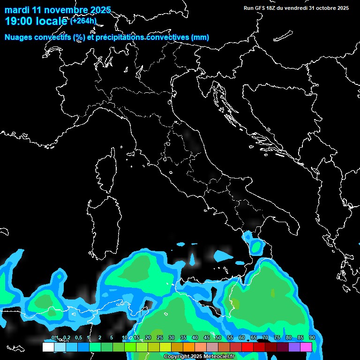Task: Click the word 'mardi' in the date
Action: pos(16,10)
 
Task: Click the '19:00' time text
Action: pos(18,22)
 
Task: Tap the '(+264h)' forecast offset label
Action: pos(83,21)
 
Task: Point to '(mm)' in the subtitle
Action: pos(200,37)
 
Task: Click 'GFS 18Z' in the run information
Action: pos(266,8)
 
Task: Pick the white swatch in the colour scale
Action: pos(48,347)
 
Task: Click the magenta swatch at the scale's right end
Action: pos(306,347)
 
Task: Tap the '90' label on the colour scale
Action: pos(312,338)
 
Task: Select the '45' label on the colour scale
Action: pos(207,338)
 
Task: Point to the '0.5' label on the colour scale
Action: pos(78,338)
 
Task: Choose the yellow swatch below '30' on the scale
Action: pos(165,347)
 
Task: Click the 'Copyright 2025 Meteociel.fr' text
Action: pos(199,357)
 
